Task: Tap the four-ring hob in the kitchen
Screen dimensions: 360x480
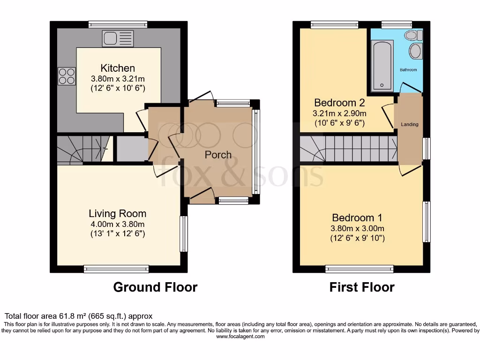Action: (x=67, y=76)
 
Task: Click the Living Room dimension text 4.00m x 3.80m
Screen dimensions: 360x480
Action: (x=117, y=224)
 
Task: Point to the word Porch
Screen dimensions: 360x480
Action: (x=218, y=155)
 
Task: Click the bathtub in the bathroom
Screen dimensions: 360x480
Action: (x=382, y=66)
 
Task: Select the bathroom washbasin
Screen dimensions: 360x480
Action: (x=415, y=51)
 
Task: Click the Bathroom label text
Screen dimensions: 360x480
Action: (x=408, y=70)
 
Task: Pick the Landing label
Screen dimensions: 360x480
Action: (x=409, y=124)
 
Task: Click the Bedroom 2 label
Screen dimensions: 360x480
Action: (x=339, y=103)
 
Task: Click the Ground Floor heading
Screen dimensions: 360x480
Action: (x=155, y=287)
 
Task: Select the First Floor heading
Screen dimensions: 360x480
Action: (x=362, y=287)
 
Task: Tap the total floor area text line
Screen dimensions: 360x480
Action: (x=78, y=316)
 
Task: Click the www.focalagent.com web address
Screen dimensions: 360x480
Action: (x=240, y=337)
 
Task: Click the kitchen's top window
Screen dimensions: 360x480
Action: (x=118, y=24)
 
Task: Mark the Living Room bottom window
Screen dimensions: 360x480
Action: (x=116, y=269)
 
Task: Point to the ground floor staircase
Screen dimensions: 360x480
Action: (x=82, y=149)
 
